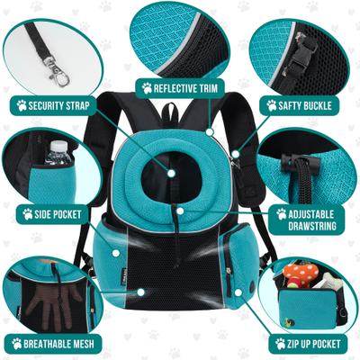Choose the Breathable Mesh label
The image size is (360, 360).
point(56,343)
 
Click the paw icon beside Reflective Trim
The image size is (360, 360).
point(147,88)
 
